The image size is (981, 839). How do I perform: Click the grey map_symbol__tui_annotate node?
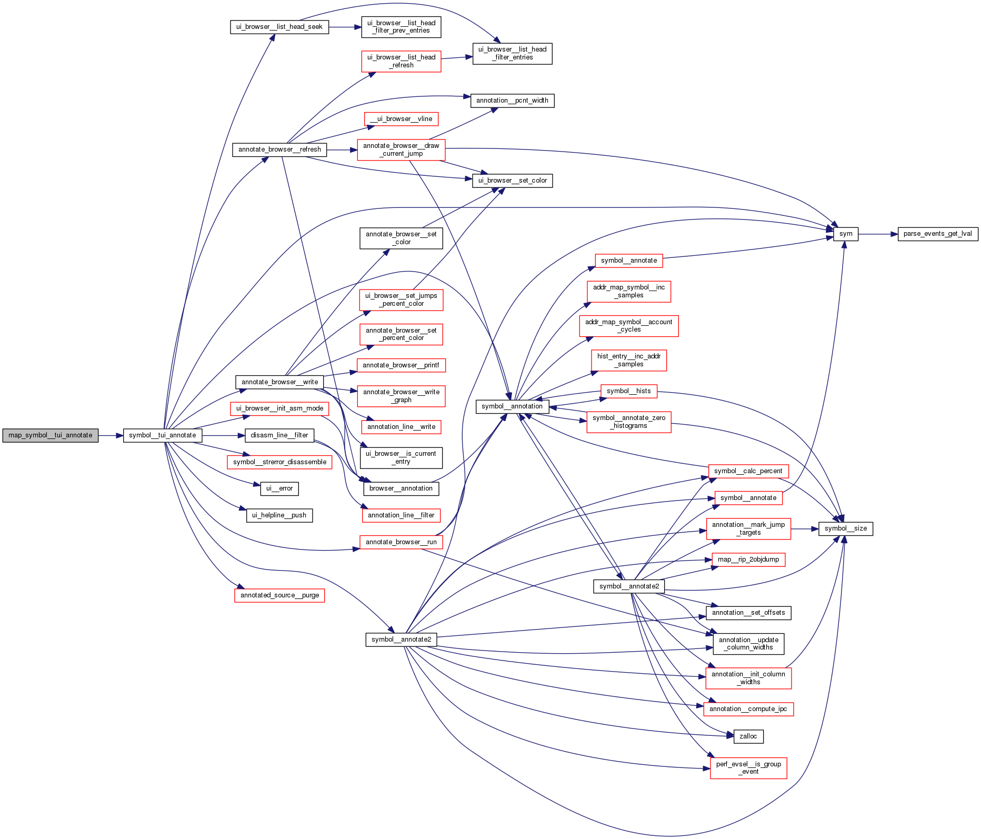[50, 435]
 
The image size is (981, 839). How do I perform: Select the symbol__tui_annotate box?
[162, 435]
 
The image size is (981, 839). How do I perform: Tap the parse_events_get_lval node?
[937, 234]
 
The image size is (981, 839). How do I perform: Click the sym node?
[845, 234]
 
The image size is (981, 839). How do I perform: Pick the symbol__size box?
[845, 528]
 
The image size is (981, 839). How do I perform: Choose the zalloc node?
[748, 736]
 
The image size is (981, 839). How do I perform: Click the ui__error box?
[279, 488]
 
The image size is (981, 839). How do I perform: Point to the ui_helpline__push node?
[279, 515]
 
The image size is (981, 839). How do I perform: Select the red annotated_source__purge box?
[279, 595]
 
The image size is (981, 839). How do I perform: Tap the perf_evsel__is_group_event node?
[748, 768]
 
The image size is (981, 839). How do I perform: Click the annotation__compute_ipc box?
[748, 709]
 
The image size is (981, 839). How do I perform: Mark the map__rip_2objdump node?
[748, 560]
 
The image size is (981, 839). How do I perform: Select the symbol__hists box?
[628, 391]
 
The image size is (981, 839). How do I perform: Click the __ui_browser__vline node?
[401, 119]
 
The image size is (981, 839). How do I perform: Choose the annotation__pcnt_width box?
[512, 101]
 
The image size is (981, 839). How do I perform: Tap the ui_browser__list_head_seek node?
[279, 27]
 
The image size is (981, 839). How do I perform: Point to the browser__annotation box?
[401, 488]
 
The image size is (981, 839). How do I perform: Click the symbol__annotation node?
[512, 406]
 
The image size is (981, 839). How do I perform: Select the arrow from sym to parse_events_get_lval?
[877, 234]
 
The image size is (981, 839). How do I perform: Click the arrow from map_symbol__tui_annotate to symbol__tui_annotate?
[111, 435]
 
